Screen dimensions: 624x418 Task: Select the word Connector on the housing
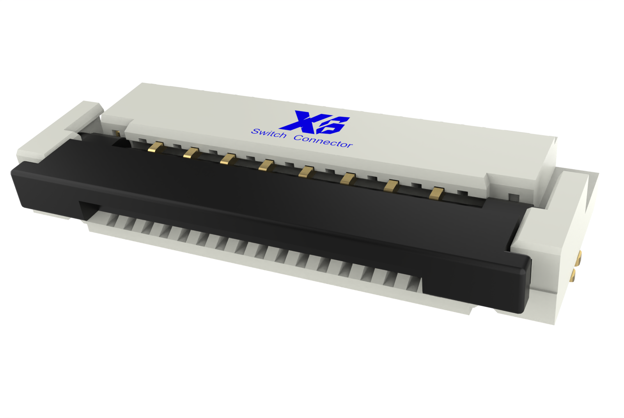323,141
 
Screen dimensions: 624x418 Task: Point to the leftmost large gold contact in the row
156,147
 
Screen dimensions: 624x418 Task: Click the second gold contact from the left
191,153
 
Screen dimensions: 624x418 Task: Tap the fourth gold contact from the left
266,165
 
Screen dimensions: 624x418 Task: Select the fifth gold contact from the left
307,171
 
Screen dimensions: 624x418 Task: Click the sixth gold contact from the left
348,179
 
